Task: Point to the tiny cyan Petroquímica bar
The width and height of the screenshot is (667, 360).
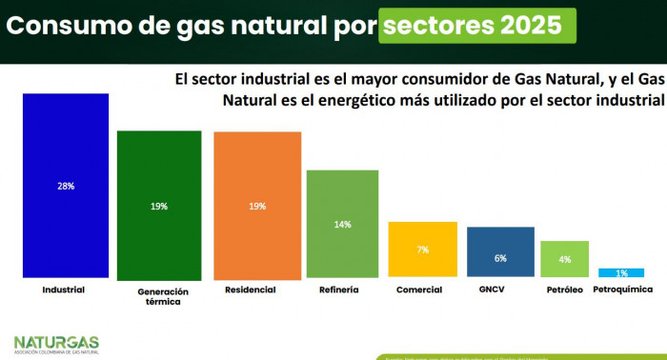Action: coord(620,273)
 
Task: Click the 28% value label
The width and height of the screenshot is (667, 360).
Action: coord(65,187)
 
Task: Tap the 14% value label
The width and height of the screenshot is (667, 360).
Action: coord(343,225)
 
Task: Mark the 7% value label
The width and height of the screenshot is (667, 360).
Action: coord(422,250)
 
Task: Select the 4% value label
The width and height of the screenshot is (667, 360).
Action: coord(564,259)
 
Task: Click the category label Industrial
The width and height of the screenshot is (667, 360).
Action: coord(65,290)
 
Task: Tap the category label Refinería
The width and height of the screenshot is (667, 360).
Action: coord(339,290)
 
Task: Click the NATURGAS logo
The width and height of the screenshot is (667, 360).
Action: coord(56,343)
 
